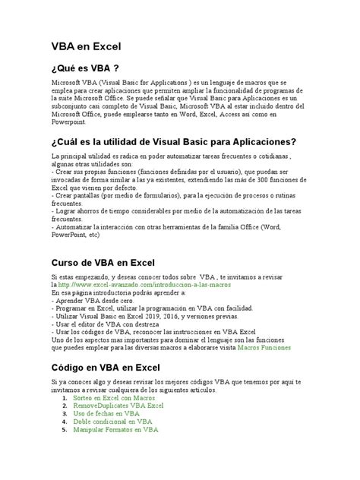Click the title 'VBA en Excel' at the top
click(86, 46)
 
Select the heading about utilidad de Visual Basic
click(173, 141)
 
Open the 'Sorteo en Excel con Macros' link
click(115, 398)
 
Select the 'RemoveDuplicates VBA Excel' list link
click(118, 406)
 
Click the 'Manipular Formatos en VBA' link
click(115, 429)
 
